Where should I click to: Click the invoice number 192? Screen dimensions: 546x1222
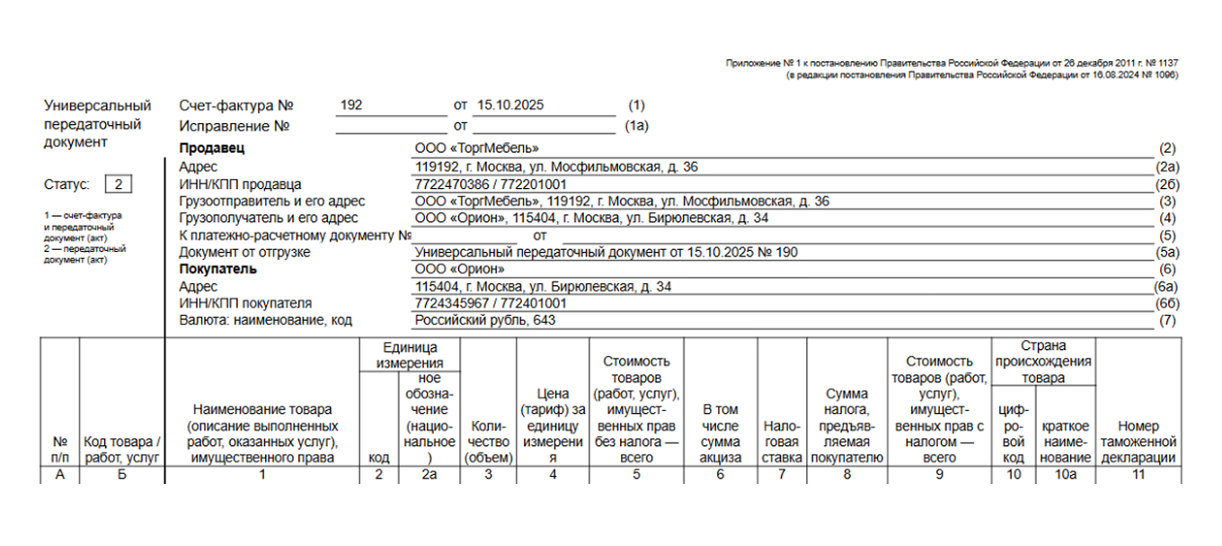coord(351,105)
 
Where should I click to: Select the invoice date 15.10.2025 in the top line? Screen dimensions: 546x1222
coord(510,105)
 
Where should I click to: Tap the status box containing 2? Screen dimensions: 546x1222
coord(119,184)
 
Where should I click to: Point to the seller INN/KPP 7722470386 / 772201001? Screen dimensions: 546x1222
coord(491,183)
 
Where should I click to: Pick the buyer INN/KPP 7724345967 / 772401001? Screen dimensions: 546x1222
coord(491,303)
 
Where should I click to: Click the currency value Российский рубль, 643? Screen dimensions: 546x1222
coord(485,320)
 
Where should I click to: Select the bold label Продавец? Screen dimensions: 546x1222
coord(211,148)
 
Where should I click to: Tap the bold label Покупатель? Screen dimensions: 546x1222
coord(217,269)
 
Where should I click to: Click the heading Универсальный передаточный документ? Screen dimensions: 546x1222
coord(97,124)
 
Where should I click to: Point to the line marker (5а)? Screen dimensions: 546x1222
coord(1167,253)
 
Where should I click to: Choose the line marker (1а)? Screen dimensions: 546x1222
coord(636,126)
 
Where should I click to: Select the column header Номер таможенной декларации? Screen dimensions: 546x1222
coord(1138,442)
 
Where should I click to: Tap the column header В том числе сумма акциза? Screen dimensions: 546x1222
coord(721,434)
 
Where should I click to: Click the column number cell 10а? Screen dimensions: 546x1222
coord(1066,474)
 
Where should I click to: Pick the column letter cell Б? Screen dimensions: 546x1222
coord(121,474)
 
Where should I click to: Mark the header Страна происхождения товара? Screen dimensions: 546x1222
coord(1043,362)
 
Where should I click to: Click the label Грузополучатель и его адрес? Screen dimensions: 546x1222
coord(268,218)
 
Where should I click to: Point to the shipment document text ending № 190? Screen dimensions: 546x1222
coord(607,253)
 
